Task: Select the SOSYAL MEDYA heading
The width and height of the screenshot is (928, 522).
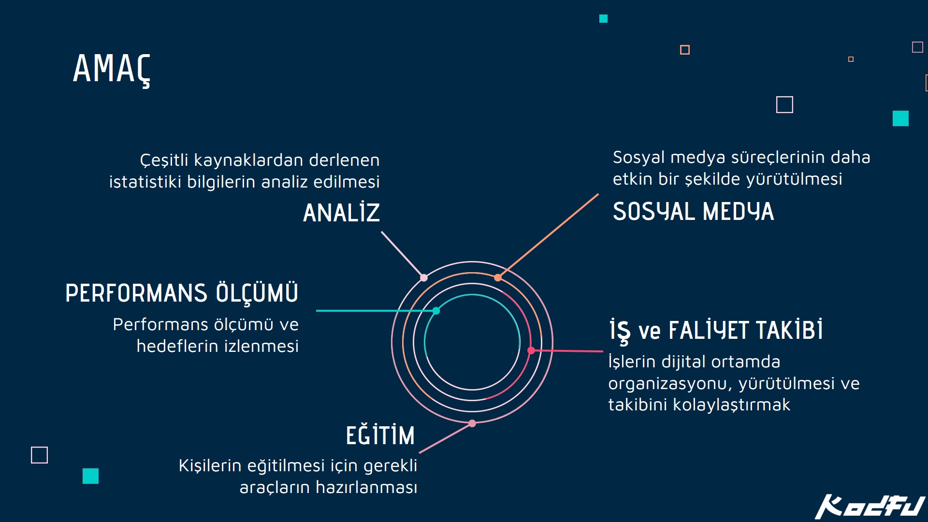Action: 693,211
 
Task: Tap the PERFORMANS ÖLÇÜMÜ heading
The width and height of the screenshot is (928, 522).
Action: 182,293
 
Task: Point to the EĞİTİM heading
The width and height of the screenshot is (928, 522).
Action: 380,435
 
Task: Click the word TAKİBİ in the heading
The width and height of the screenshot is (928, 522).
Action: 789,330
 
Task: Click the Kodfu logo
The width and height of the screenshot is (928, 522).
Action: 870,507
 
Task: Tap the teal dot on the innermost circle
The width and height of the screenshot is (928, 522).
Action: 436,311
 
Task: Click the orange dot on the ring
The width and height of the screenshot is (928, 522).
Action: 498,277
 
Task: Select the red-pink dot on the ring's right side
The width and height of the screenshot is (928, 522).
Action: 531,350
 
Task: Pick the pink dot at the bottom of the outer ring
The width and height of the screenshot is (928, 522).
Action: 472,423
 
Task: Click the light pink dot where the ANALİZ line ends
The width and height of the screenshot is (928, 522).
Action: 424,277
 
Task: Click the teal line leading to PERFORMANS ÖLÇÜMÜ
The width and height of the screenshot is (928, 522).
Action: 376,311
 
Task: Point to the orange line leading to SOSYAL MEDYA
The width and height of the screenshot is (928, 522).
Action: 548,236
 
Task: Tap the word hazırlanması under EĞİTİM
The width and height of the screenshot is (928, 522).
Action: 366,487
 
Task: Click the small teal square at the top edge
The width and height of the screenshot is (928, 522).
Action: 603,19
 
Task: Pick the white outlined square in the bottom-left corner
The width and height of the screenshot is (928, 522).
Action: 40,455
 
